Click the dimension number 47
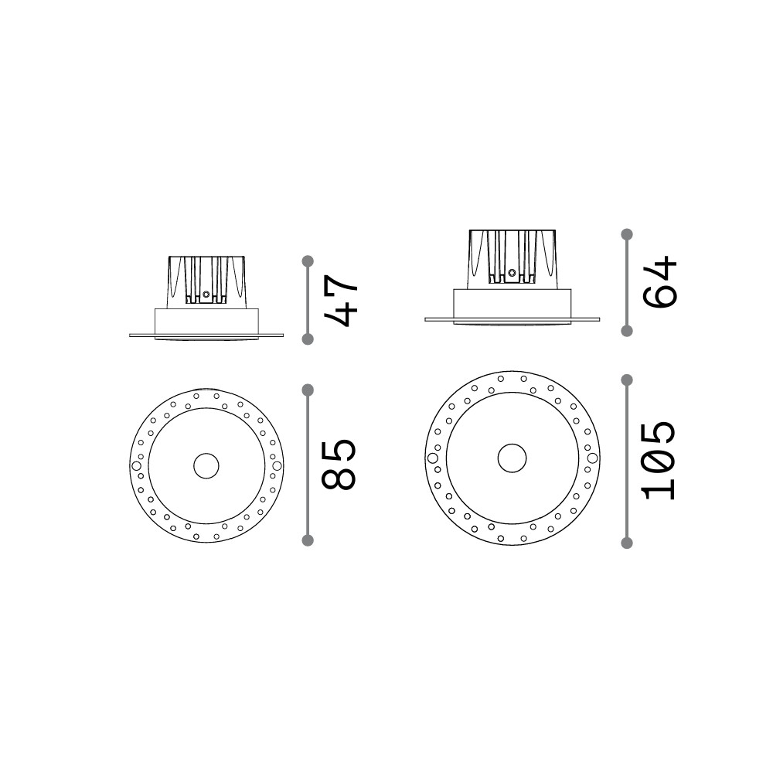pyautogui.click(x=339, y=300)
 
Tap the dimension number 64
pyautogui.click(x=659, y=282)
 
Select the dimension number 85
pyautogui.click(x=339, y=465)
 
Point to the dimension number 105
pyautogui.click(x=659, y=461)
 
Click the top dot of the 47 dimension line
pyautogui.click(x=308, y=261)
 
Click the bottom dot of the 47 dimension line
pyautogui.click(x=308, y=339)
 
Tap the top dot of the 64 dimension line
pyautogui.click(x=627, y=234)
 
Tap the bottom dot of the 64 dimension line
pyautogui.click(x=627, y=331)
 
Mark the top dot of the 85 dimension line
pyautogui.click(x=308, y=390)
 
